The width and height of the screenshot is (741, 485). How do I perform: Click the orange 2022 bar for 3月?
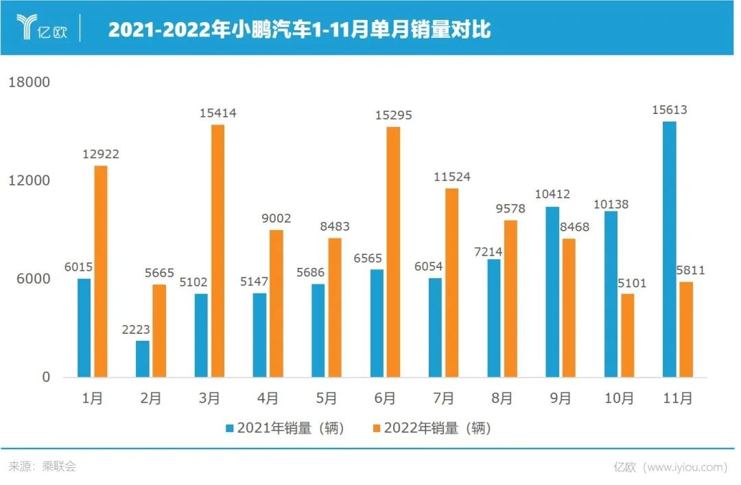pos(217,251)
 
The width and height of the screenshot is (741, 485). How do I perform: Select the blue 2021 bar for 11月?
pos(670,249)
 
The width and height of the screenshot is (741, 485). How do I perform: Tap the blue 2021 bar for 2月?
pos(143,359)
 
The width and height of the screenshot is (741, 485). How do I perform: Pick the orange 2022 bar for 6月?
pos(393,252)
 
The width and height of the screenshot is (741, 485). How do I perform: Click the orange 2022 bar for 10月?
pos(627,335)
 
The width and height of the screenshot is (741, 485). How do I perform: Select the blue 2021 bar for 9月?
pos(552,292)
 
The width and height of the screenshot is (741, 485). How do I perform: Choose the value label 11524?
pos(451,177)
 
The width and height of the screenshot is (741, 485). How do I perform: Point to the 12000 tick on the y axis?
pos(28,181)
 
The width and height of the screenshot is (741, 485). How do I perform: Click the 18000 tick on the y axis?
pos(28,82)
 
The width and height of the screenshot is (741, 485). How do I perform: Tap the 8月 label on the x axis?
pos(502,398)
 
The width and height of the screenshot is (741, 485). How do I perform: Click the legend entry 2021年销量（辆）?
pos(285,429)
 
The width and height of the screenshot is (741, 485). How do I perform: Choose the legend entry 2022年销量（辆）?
pos(432,429)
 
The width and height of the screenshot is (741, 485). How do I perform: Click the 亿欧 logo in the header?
pos(42,28)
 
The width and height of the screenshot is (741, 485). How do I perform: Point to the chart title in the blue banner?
pos(299,30)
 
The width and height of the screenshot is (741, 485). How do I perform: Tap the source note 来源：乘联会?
pos(43,466)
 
